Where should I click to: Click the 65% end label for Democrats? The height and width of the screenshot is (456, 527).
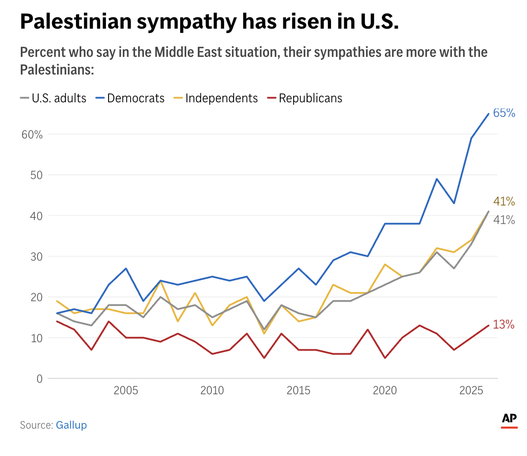pos(504,113)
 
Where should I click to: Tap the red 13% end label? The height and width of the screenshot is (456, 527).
pos(504,325)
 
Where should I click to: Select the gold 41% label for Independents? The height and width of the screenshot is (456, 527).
pos(504,202)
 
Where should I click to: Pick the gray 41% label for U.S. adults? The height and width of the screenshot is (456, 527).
pos(504,220)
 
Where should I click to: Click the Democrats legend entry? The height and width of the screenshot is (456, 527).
pos(136,98)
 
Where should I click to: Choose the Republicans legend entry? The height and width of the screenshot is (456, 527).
pos(310,98)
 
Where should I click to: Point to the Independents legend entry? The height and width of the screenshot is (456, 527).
pos(221,98)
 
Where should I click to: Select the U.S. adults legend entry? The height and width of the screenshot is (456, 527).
pos(59,98)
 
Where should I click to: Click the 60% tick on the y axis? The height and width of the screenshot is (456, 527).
pos(32,135)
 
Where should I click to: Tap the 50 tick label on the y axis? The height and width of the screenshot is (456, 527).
pos(36,175)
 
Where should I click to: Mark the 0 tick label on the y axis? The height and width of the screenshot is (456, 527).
pos(40,379)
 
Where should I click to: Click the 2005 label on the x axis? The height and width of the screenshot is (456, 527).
pos(126,390)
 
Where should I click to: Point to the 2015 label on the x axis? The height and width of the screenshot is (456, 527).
pos(298,390)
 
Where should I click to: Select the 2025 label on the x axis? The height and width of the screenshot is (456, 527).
pos(471,390)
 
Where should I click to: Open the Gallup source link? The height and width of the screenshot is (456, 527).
pos(71,425)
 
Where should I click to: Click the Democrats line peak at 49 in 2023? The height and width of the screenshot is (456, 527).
pos(437,179)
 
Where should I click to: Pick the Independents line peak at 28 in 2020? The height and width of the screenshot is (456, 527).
pos(385,265)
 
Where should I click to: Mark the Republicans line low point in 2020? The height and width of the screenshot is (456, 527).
pos(385,358)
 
